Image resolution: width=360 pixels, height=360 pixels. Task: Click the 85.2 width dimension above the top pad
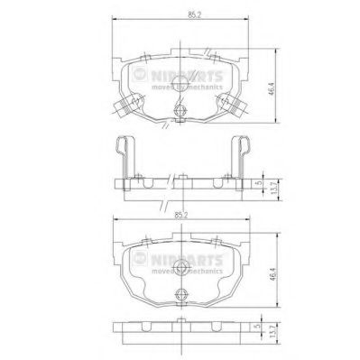tap(181, 14)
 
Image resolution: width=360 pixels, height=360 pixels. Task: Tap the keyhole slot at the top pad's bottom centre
tap(180, 111)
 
